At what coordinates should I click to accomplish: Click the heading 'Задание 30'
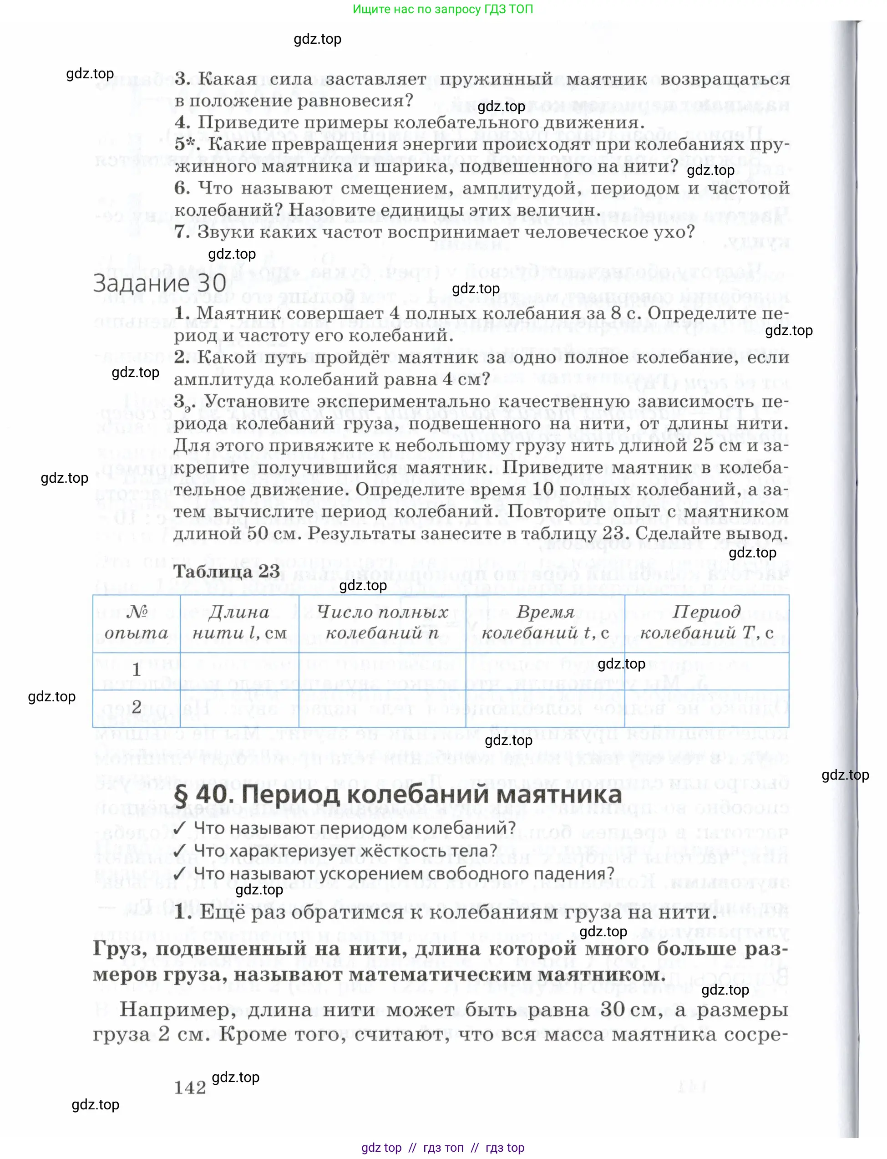(159, 283)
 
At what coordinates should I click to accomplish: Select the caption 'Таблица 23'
(227, 571)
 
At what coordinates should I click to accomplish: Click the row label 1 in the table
(136, 670)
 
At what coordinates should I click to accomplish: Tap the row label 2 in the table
(136, 707)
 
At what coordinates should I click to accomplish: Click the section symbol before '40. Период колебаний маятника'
(181, 795)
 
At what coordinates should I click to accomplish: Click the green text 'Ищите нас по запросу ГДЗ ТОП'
(442, 9)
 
